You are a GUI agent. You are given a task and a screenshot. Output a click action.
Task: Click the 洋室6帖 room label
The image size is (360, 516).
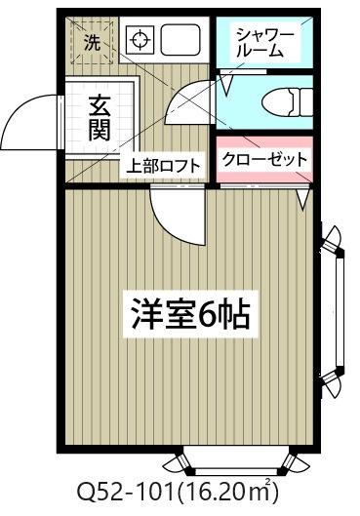(191, 314)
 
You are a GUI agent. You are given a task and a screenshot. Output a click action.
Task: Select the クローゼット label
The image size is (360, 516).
(264, 159)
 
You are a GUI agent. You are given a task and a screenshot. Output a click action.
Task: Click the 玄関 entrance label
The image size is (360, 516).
(100, 117)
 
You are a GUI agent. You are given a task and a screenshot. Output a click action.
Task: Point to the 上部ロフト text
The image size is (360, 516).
(163, 166)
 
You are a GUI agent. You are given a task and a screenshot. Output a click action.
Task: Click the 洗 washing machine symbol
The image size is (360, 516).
(91, 42)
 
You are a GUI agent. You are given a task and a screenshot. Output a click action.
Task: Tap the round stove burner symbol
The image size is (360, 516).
(140, 42)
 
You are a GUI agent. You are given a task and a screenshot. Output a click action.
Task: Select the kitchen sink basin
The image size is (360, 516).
(179, 41)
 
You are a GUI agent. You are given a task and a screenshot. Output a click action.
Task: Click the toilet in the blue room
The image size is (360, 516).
(288, 100)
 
